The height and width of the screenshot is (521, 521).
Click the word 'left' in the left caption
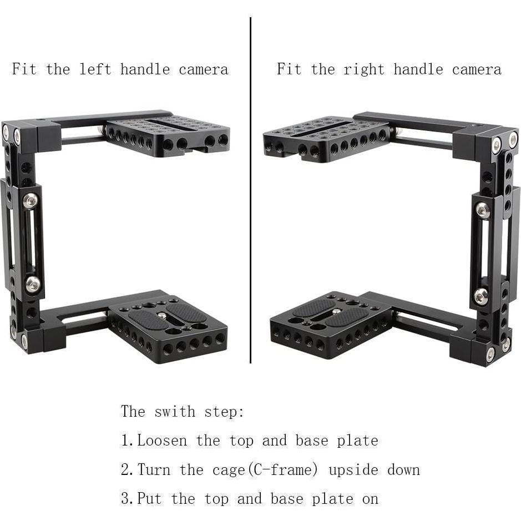95,69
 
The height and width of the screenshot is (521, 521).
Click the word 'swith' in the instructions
175,412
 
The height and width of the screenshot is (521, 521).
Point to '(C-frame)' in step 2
283,470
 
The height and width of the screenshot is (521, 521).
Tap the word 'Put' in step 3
150,499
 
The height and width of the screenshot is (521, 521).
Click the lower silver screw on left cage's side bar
33,284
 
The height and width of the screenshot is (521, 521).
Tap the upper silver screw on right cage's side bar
483,210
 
